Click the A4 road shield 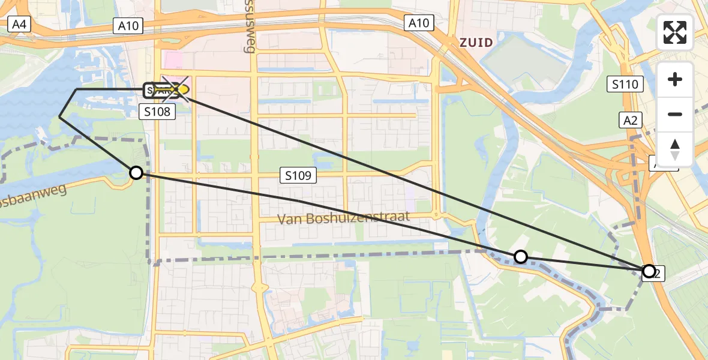pos(19,25)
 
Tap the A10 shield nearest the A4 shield pos(128,25)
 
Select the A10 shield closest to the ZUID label pos(418,23)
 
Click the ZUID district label pos(476,42)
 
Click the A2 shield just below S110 pos(630,120)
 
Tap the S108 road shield pos(157,111)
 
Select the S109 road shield pos(298,176)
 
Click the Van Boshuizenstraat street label pos(343,217)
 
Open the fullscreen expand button pos(675,32)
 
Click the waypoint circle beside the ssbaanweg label pos(136,173)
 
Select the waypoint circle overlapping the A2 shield pos(649,271)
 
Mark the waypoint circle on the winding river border pos(521,257)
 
